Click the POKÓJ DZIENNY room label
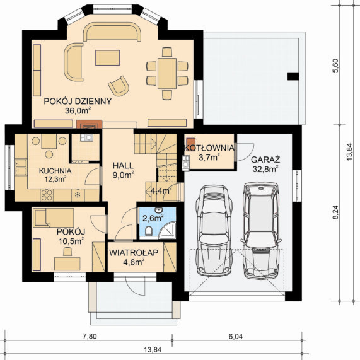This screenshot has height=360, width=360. pos(78,102)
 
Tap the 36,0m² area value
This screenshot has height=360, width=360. pos(78,111)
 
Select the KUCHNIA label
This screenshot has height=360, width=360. pos(55,171)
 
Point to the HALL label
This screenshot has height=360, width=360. pos(123,166)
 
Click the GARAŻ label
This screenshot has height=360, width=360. pos(265,160)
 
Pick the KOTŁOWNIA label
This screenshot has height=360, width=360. pos(209,148)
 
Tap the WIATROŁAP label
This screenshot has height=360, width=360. pos(134,253)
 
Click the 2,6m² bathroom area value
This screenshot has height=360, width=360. pos(153,218)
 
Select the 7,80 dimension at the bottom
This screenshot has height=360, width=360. pos(90,337)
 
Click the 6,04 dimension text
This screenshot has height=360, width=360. pos(236,337)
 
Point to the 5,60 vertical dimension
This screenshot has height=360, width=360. pos(335,66)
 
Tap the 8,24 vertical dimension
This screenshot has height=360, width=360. pos(335,212)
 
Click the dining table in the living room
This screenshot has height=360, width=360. pos(167,74)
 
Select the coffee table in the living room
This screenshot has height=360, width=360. pos(107,58)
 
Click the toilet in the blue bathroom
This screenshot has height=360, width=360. pos(149,231)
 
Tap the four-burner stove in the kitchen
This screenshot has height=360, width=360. pos(47,195)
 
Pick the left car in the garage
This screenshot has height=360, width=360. pos(214,231)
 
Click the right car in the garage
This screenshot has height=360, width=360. pos(261,230)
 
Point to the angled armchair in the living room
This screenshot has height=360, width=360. pos(119,86)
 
